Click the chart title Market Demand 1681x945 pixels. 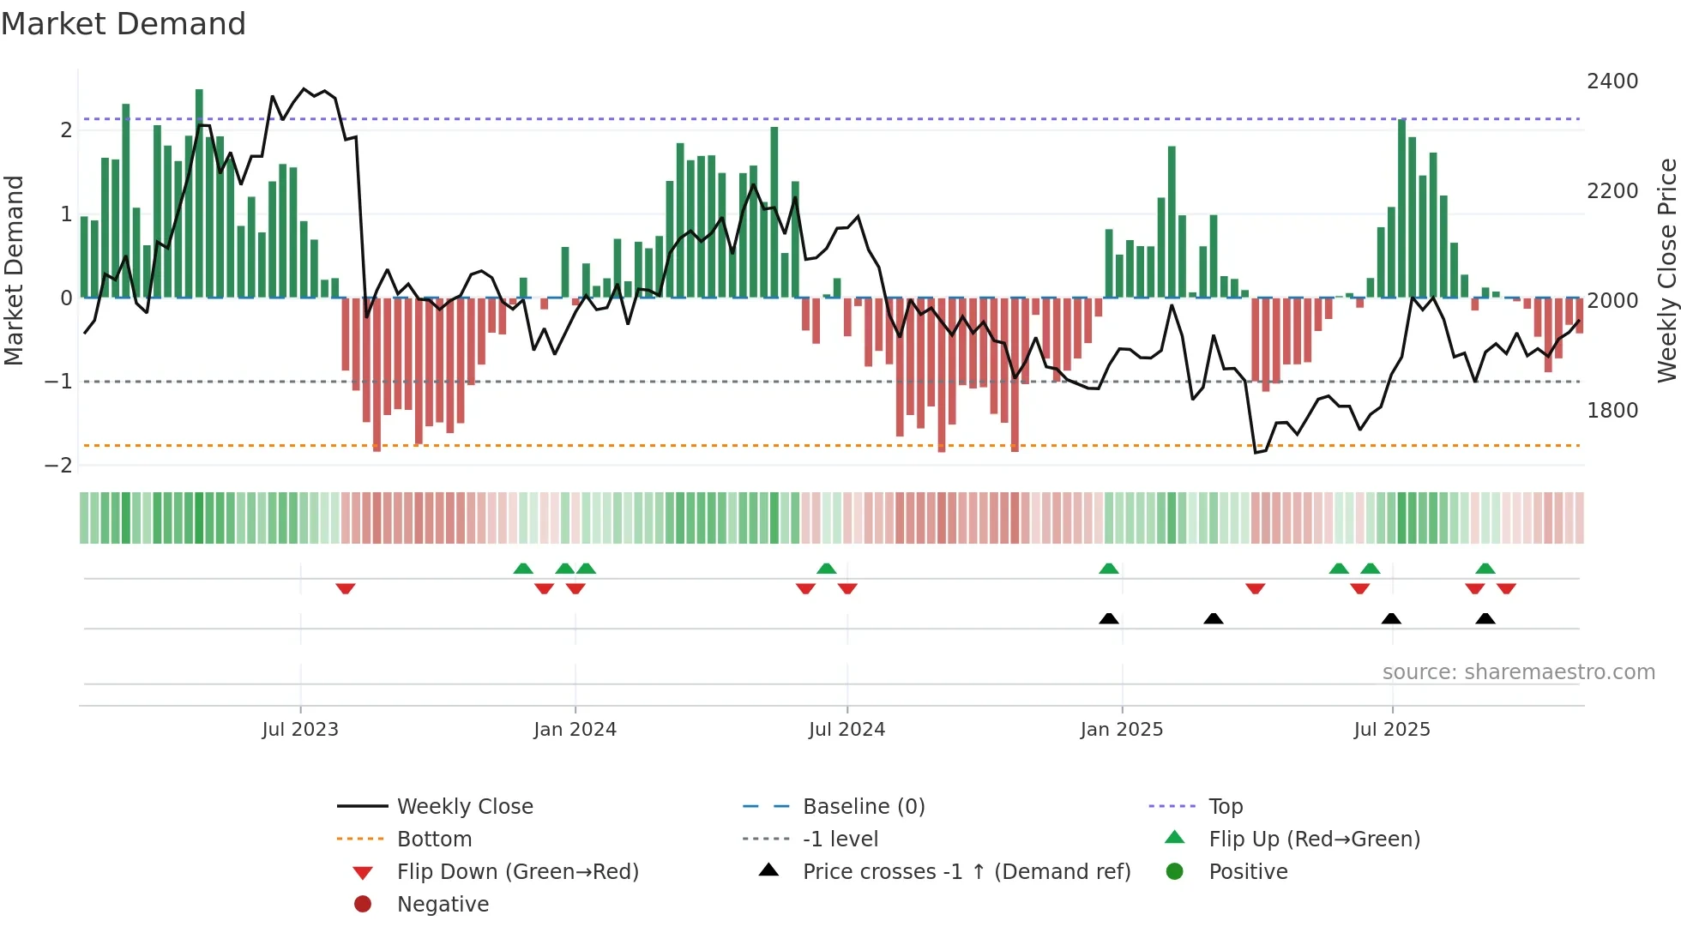pyautogui.click(x=124, y=24)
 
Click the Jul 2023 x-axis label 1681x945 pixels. pyautogui.click(x=300, y=730)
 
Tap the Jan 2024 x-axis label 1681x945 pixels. pyautogui.click(x=575, y=730)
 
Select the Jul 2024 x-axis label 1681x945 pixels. pyautogui.click(x=847, y=730)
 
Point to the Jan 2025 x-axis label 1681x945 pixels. pyautogui.click(x=1121, y=730)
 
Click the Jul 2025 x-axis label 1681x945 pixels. pyautogui.click(x=1392, y=730)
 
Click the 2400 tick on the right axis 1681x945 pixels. pyautogui.click(x=1612, y=81)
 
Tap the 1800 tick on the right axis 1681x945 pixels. pyautogui.click(x=1612, y=411)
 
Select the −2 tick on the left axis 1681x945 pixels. pyautogui.click(x=58, y=466)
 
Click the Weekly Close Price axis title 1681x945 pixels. pyautogui.click(x=1666, y=270)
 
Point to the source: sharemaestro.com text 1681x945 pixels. pyautogui.click(x=1518, y=672)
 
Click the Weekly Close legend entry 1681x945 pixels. pyautogui.click(x=464, y=807)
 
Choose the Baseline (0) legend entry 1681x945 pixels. pyautogui.click(x=863, y=807)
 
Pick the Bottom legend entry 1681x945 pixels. pyautogui.click(x=434, y=840)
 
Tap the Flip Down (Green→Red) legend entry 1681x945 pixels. pyautogui.click(x=517, y=872)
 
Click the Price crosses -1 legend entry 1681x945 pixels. pyautogui.click(x=966, y=872)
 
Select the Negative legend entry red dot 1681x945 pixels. pyautogui.click(x=363, y=905)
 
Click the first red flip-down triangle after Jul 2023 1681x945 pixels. pyautogui.click(x=346, y=588)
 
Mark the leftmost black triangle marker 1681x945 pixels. pyautogui.click(x=1109, y=618)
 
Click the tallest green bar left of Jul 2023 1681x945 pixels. pyautogui.click(x=199, y=193)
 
